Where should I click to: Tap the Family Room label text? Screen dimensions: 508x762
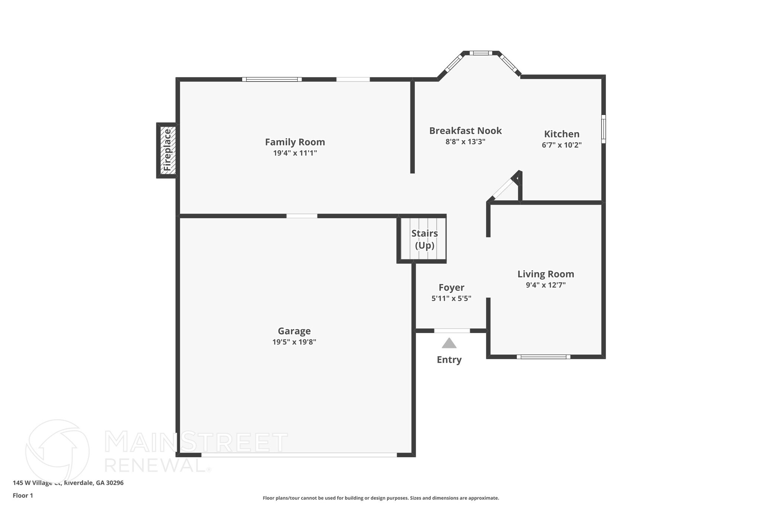[x=295, y=142]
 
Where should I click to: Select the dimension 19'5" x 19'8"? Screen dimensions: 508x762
[x=294, y=342]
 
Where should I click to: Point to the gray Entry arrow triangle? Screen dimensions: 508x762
[x=449, y=344]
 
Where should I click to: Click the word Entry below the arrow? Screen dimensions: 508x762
[x=449, y=360]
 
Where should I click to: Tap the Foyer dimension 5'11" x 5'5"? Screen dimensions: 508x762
[x=451, y=298]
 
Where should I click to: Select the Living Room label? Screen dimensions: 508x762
[x=545, y=274]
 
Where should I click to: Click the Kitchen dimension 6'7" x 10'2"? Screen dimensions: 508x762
[x=561, y=145]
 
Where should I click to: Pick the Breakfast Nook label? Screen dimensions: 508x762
[x=465, y=131]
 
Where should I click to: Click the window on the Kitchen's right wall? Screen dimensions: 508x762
[x=603, y=129]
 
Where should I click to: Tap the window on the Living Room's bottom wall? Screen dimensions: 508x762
[x=543, y=357]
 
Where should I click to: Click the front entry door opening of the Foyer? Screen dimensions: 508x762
[x=452, y=331]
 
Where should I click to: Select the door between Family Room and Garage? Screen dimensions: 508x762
[x=302, y=216]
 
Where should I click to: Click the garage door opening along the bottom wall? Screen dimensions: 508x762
[x=299, y=455]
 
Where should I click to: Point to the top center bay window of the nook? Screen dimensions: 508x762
[x=480, y=53]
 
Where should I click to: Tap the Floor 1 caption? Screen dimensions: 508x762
[x=23, y=496]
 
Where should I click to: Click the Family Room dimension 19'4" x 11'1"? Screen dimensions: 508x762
[x=295, y=153]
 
